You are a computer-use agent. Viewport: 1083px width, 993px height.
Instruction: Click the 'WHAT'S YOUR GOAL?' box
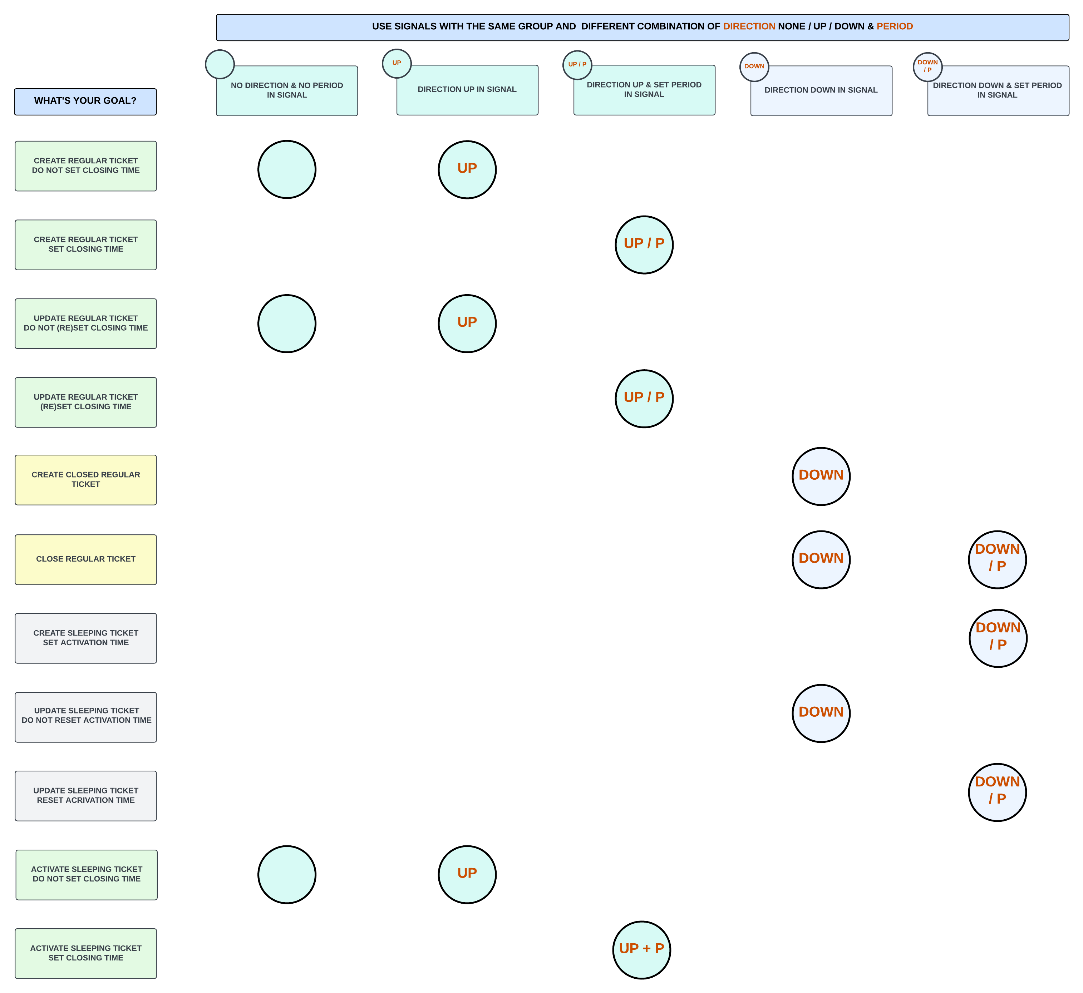85,102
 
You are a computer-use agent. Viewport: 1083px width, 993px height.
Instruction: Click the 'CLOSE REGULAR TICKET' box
85,559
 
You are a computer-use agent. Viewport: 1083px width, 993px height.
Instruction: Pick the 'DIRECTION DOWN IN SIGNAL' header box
821,91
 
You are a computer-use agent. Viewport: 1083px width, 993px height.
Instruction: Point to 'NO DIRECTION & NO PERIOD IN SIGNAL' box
287,91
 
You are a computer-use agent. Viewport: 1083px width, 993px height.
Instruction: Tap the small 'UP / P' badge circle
577,65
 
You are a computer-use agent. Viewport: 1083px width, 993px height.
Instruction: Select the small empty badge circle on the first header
220,64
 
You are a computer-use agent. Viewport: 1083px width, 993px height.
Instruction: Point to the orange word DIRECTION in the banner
749,26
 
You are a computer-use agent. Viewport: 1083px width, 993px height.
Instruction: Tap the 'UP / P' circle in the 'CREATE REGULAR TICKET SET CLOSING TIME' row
644,244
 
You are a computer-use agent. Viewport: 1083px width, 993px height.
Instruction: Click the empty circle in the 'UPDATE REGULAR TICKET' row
287,323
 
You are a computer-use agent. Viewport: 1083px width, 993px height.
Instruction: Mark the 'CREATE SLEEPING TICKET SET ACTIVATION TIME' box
85,638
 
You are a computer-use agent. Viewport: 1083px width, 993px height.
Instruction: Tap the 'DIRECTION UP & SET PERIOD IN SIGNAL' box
644,90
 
